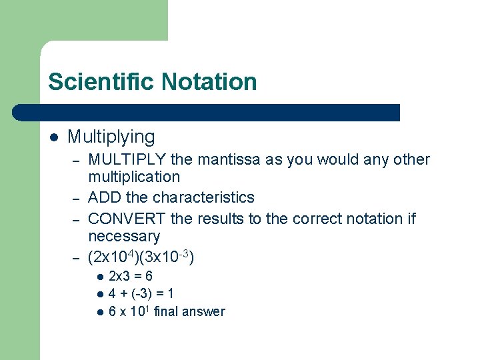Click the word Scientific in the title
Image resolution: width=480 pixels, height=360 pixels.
[x=97, y=82]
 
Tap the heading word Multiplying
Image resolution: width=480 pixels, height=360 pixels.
[x=111, y=137]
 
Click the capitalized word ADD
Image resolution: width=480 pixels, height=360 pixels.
[x=105, y=198]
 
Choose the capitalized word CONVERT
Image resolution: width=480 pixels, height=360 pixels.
[x=127, y=219]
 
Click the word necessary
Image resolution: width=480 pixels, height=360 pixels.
[x=124, y=237]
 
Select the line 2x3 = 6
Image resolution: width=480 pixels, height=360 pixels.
[x=131, y=276]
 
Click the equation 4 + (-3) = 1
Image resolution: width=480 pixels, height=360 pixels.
[x=141, y=294]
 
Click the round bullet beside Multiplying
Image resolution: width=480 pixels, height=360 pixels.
[x=53, y=138]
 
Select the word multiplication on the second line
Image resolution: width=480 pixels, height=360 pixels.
[x=134, y=177]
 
